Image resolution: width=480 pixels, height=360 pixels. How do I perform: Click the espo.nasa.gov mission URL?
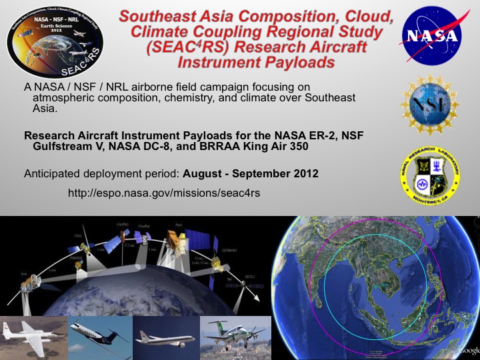pyautogui.click(x=164, y=193)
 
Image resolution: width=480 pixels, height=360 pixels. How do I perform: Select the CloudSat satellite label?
pyautogui.click(x=144, y=226)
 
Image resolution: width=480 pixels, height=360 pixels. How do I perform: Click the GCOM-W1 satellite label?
pyautogui.click(x=229, y=248)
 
